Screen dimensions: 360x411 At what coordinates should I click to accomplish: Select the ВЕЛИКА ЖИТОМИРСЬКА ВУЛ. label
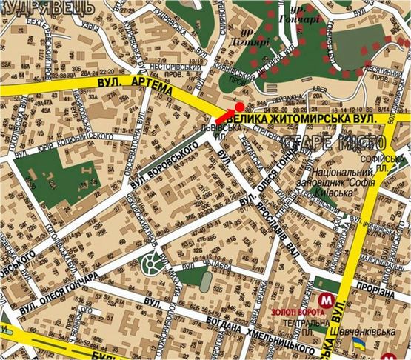(307, 117)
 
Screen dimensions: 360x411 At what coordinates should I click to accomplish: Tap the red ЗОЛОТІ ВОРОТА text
(293, 312)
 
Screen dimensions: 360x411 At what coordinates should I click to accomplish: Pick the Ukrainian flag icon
(358, 344)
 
